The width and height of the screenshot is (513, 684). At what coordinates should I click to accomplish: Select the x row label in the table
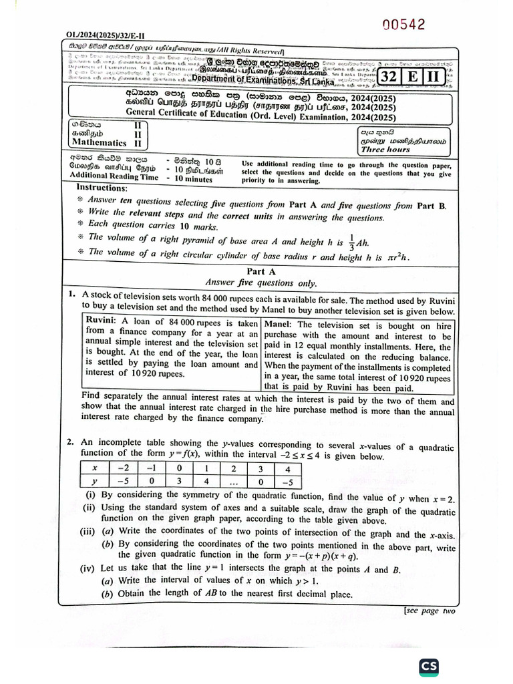(x=96, y=468)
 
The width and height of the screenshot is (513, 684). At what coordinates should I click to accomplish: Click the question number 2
(x=70, y=442)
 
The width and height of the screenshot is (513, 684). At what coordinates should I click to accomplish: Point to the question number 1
(x=70, y=294)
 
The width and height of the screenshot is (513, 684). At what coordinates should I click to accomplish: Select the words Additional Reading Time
(x=114, y=177)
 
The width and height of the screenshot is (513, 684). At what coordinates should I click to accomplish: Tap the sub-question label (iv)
(x=89, y=569)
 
